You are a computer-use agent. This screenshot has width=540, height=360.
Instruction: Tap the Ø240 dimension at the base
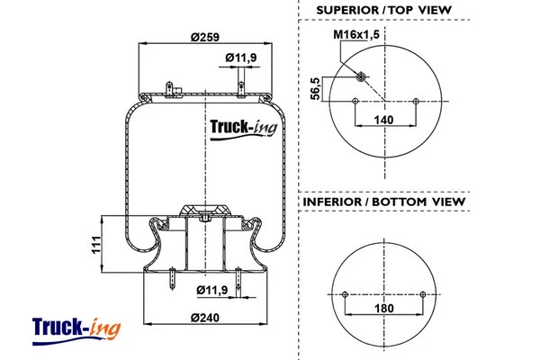pos(206,317)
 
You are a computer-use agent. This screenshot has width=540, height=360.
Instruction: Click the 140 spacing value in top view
pos(385,119)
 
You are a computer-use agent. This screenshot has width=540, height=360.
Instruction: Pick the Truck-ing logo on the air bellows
pos(244,128)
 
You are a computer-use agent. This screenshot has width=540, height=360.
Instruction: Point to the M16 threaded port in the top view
pos(361,76)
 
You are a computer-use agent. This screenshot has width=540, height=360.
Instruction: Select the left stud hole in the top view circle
pos(356,101)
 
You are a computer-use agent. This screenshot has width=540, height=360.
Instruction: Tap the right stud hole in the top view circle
pos(415,101)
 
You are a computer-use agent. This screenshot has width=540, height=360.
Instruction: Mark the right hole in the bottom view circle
pos(424,293)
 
